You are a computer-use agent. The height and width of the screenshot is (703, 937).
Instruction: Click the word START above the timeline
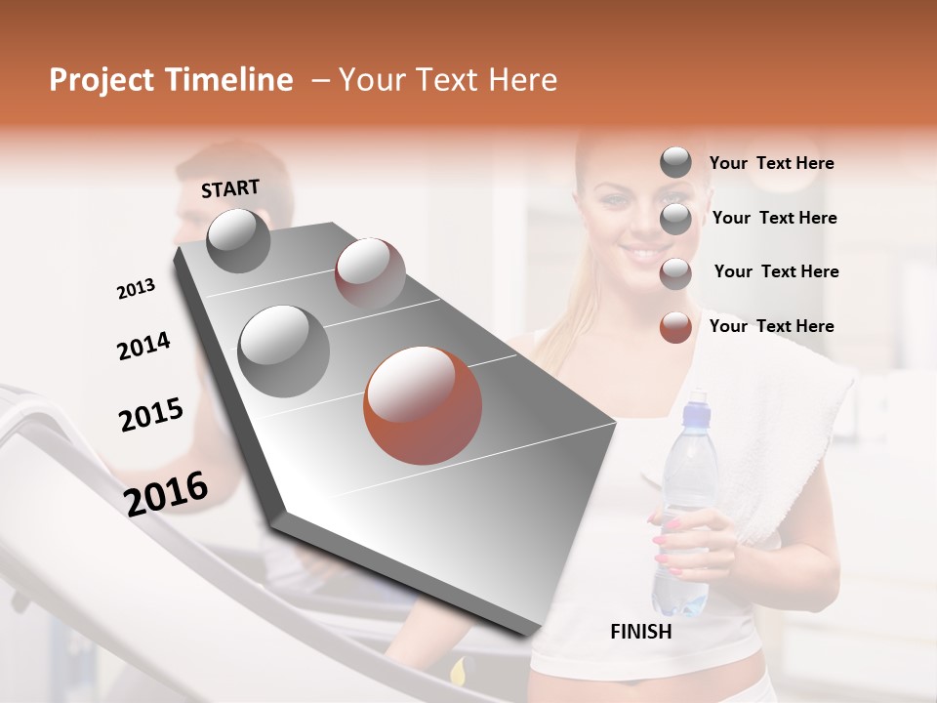point(230,188)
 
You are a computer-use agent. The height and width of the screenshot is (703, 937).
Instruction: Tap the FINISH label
point(640,632)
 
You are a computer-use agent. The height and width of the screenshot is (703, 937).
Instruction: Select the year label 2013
point(136,289)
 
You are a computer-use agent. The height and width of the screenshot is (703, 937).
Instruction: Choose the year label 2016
point(166,494)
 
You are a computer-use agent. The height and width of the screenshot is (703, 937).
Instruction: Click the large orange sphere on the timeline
point(423,405)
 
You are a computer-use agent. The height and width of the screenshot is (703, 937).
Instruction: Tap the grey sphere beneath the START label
point(238,240)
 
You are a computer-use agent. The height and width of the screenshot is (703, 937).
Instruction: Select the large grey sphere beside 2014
point(283,351)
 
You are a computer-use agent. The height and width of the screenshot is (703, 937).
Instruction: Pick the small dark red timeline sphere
point(370,272)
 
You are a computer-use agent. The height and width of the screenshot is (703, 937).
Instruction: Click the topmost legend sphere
point(675,163)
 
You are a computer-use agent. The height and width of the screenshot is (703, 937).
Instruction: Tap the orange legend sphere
point(675,327)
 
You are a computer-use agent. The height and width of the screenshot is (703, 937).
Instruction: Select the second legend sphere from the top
point(675,219)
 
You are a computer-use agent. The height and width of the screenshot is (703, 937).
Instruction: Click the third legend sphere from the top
point(675,273)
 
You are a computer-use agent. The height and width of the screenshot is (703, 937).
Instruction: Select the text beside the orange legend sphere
point(771,326)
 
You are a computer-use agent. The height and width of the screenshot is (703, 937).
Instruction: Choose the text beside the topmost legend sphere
point(771,163)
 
